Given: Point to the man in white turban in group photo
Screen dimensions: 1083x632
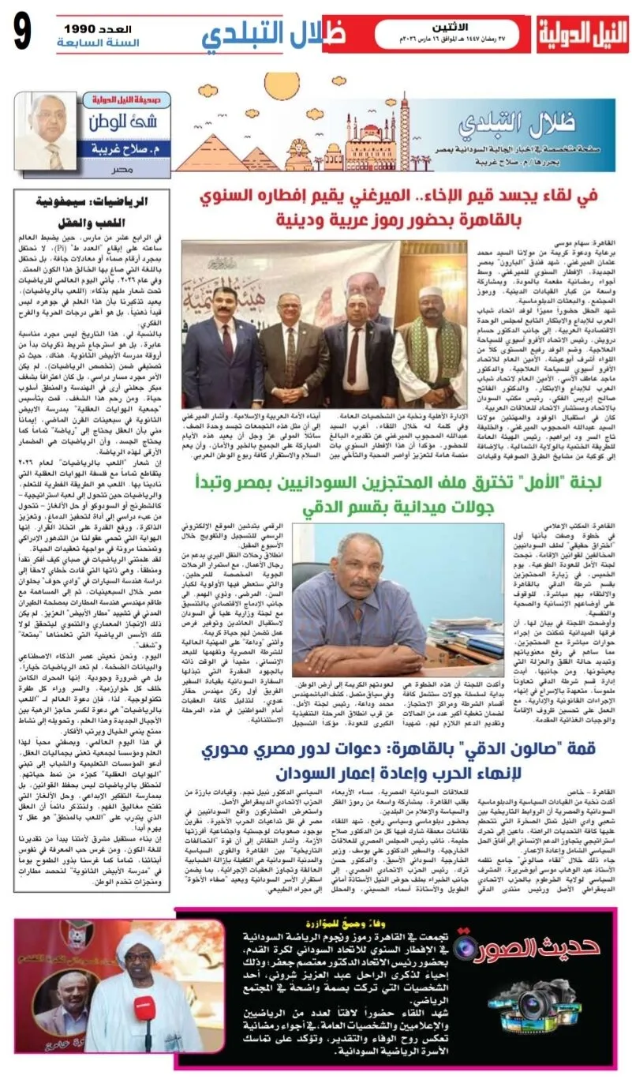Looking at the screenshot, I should (x=428, y=316).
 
